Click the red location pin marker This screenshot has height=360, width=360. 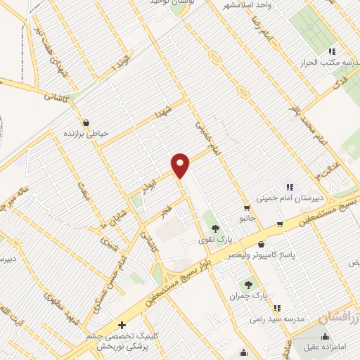pyautogui.click(x=181, y=165)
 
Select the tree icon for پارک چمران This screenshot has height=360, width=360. pyautogui.click(x=247, y=285)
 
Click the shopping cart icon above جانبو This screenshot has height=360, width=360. pyautogui.click(x=247, y=207)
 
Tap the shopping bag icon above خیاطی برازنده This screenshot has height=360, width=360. pyautogui.click(x=86, y=122)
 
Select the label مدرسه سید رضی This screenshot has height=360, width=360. pyautogui.click(x=278, y=319)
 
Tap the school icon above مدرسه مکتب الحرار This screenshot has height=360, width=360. pyautogui.click(x=333, y=51)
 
